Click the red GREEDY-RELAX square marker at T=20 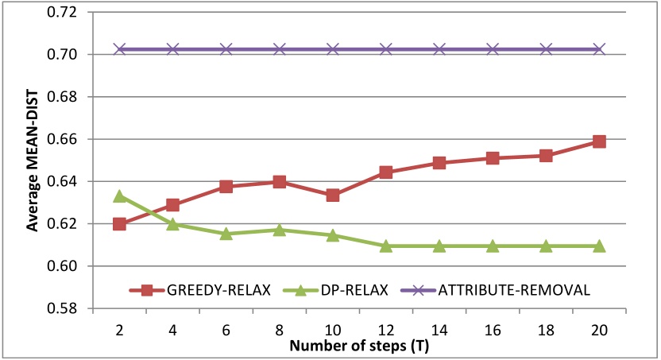[600, 141]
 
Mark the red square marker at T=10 [333, 195]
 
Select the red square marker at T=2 [119, 224]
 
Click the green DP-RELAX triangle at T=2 [119, 195]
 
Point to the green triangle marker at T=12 [386, 246]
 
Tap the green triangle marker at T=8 [280, 230]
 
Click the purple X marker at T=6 [226, 49]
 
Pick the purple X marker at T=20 [600, 49]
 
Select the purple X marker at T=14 [439, 49]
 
